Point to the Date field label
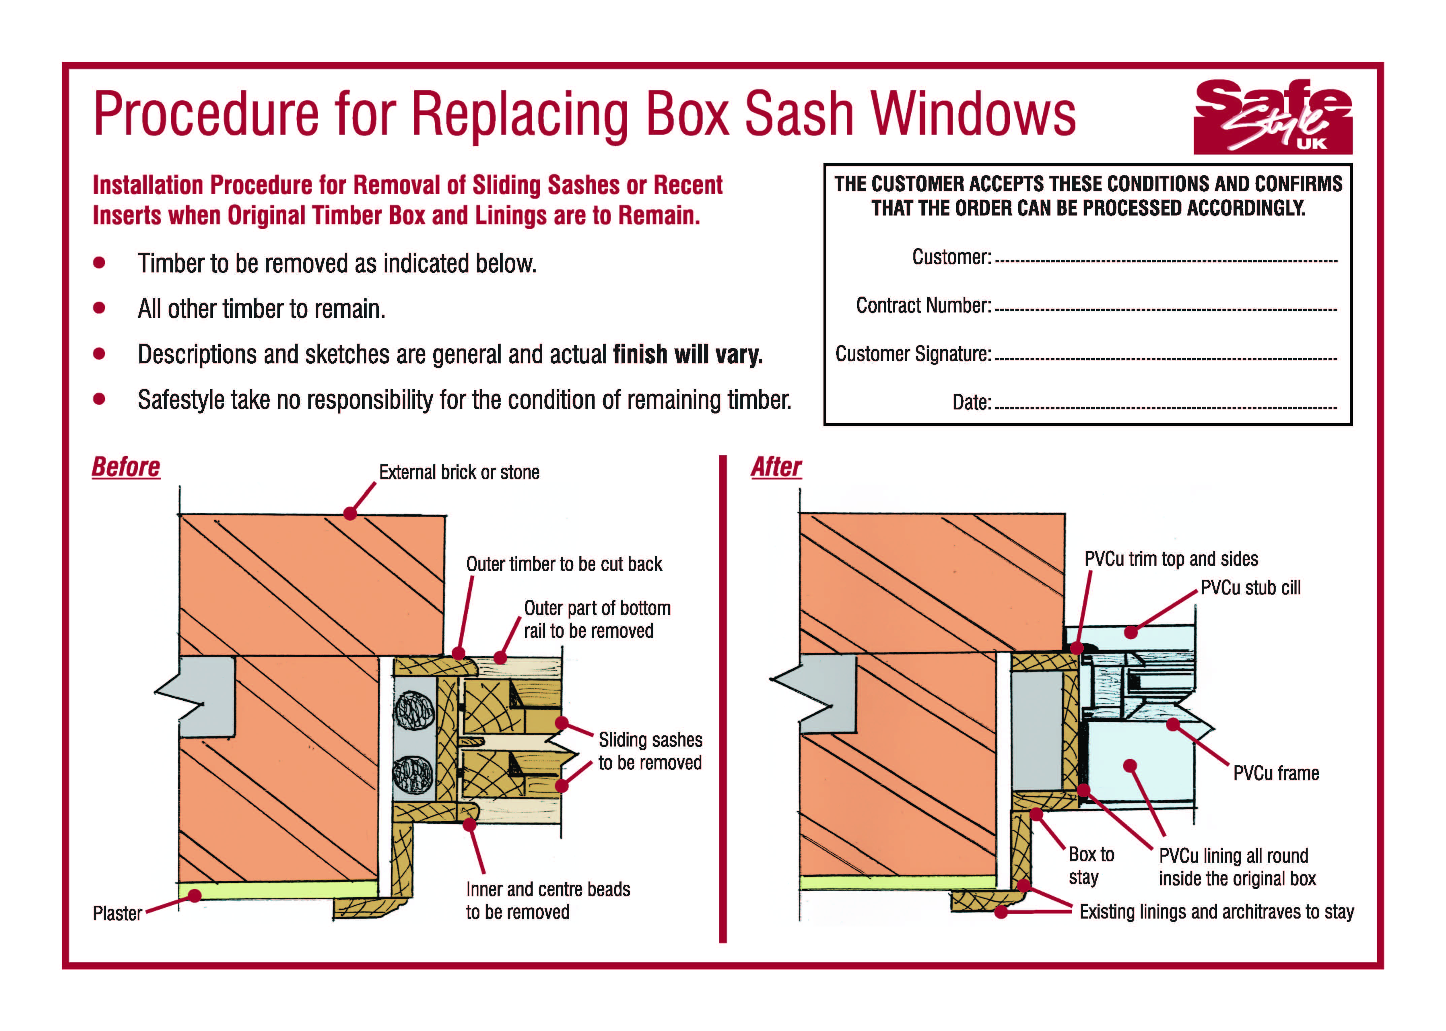971,402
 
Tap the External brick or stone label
459,472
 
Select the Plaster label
117,913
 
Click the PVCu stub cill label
1250,588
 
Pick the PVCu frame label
1276,773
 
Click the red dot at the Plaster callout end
195,895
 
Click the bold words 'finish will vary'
687,354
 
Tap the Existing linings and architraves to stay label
1216,912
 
